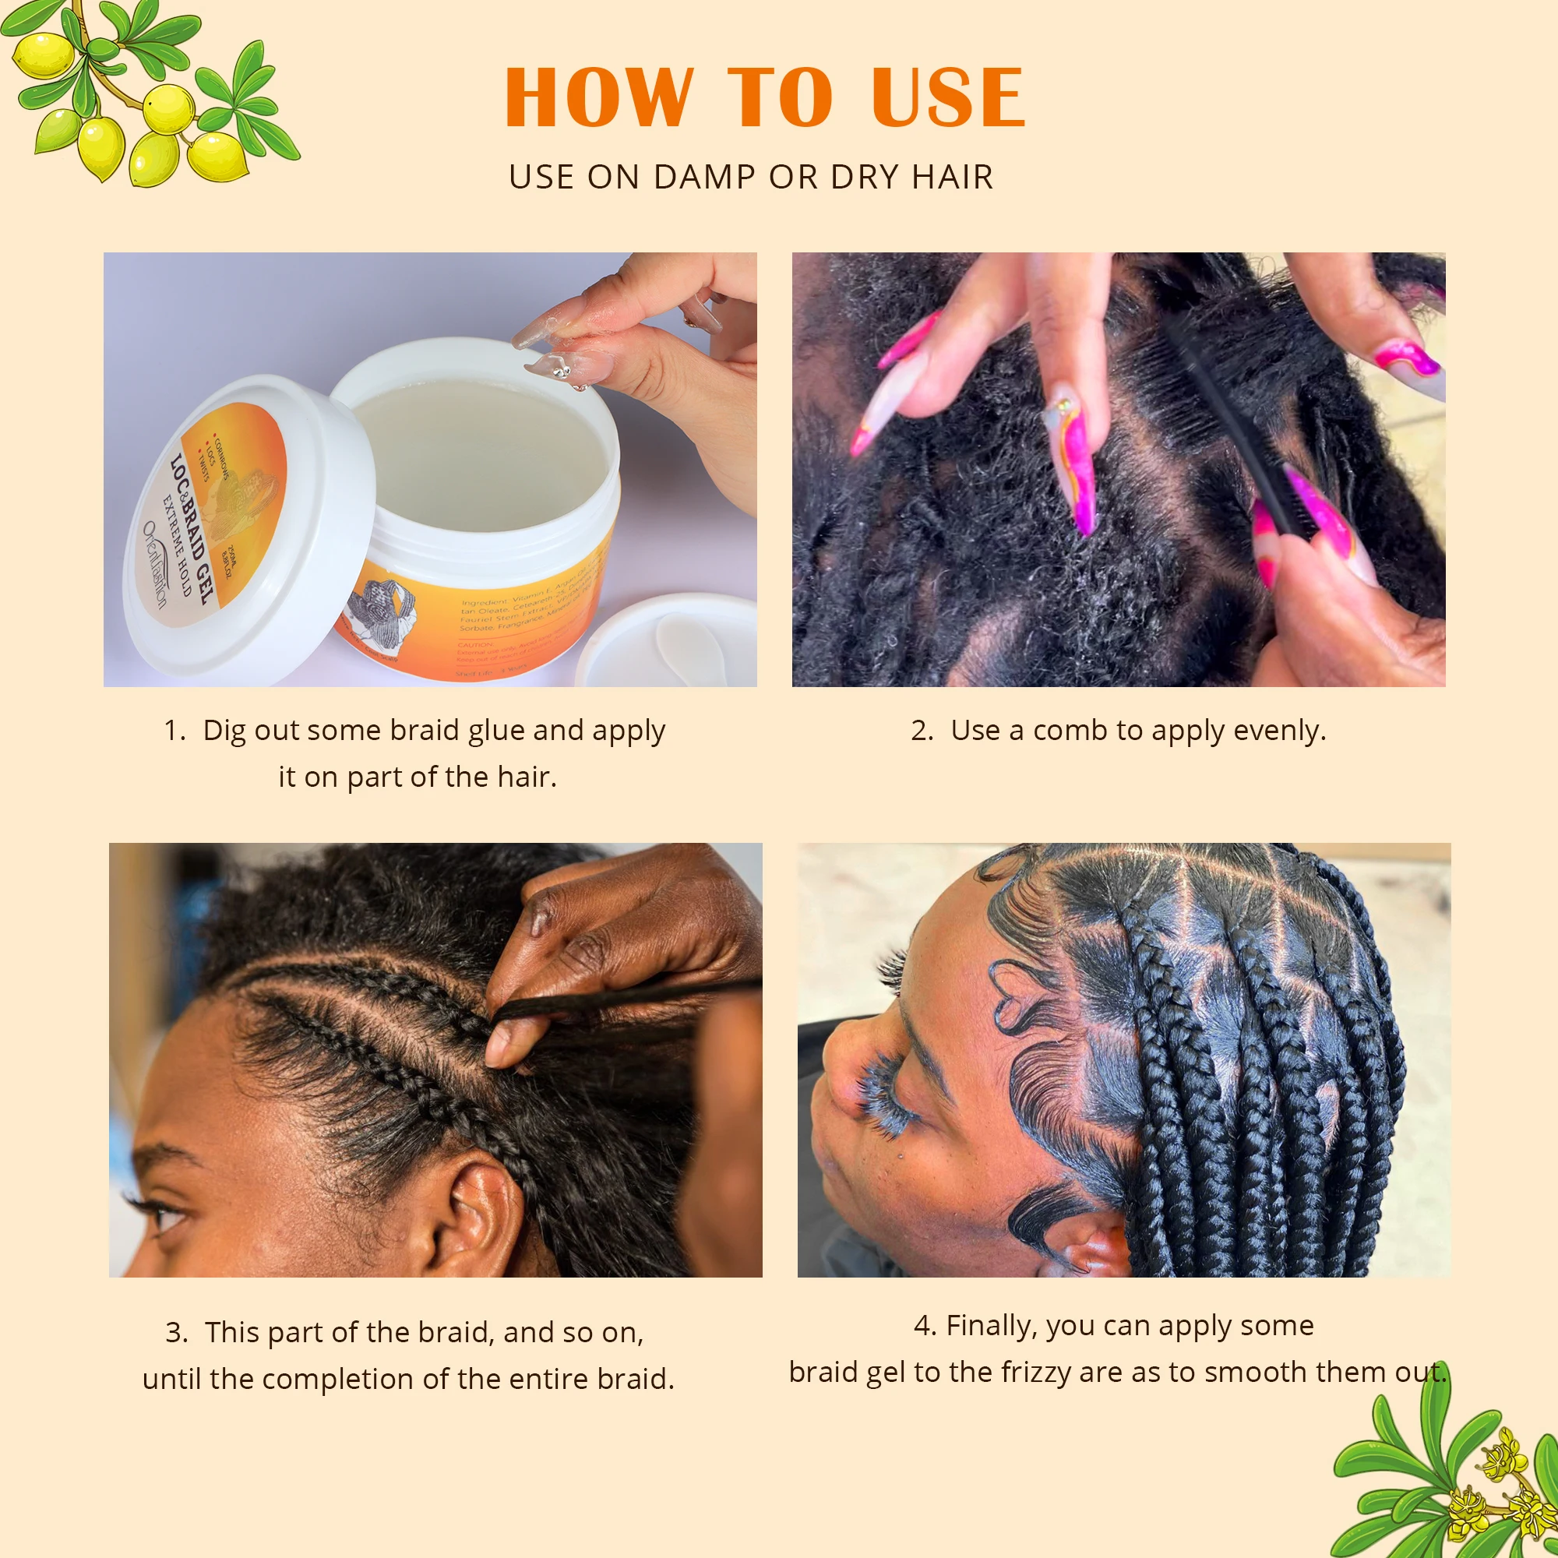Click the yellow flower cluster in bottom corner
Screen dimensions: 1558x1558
point(1492,1492)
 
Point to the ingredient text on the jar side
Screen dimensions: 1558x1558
point(524,613)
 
